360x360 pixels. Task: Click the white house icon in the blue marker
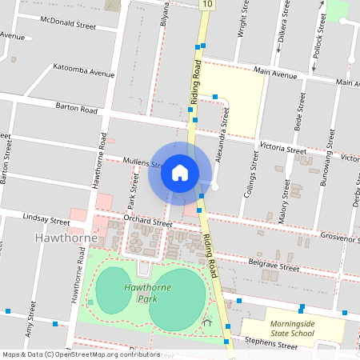(x=180, y=172)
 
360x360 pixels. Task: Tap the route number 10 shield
(x=207, y=5)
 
